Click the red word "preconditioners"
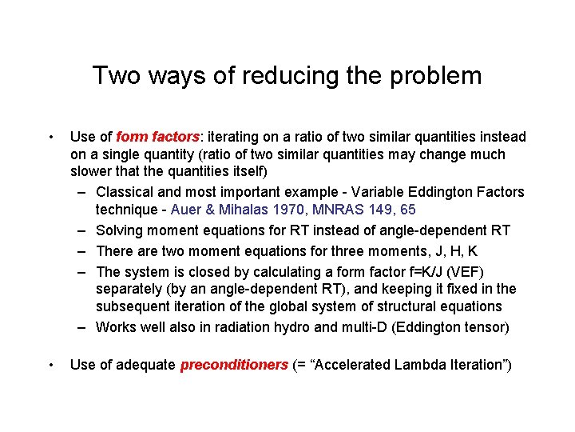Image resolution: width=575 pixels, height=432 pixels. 234,365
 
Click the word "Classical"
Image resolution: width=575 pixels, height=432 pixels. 125,192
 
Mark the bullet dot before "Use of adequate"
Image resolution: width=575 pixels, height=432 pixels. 50,366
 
